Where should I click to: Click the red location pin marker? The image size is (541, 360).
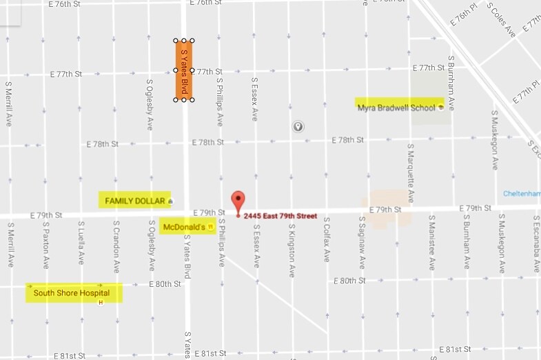tap(238, 202)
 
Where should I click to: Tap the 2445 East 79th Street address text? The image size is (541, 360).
tap(280, 216)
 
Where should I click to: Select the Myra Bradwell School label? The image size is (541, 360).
tap(396, 107)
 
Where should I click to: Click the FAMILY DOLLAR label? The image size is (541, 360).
tap(134, 201)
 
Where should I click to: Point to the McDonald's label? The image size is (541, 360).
tap(184, 226)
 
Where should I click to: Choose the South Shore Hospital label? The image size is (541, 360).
tap(71, 293)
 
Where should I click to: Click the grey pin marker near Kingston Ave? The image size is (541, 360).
tap(298, 127)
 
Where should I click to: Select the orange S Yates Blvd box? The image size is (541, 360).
tap(184, 70)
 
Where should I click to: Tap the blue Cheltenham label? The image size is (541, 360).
tap(522, 194)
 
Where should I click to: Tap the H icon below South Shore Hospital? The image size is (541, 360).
tap(101, 302)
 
